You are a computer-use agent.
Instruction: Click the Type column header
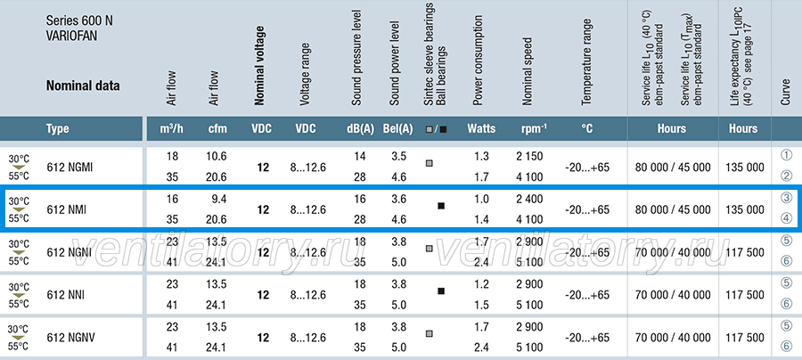(x=57, y=128)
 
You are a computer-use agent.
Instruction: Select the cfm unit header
(x=217, y=128)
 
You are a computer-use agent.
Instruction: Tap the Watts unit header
(x=481, y=128)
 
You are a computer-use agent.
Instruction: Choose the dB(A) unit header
(x=361, y=128)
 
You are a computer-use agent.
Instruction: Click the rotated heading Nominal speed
(x=528, y=71)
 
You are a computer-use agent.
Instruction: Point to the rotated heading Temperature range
(x=586, y=62)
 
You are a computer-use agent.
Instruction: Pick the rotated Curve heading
(x=786, y=93)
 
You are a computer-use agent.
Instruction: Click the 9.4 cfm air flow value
(x=220, y=199)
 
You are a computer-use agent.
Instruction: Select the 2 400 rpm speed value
(x=530, y=199)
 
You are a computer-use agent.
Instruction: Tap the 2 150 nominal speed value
(x=530, y=157)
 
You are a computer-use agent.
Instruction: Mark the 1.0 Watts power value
(x=481, y=199)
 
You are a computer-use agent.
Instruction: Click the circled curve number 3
(x=787, y=199)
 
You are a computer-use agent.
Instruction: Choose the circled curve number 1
(x=787, y=155)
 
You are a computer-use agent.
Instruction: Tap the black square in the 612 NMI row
(x=441, y=206)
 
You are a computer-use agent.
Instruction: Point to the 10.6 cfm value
(x=217, y=157)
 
